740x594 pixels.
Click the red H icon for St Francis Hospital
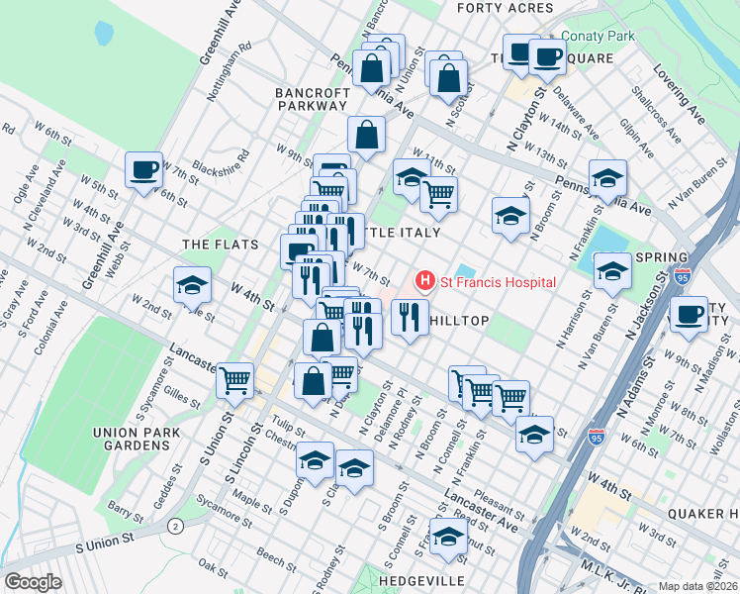pos(425,282)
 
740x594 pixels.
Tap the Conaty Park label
pos(597,36)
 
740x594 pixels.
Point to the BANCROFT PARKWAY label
pos(312,98)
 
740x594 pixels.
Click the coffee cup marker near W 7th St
pos(144,170)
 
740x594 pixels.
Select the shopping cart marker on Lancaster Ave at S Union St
pos(234,379)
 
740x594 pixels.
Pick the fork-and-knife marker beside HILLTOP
pos(409,318)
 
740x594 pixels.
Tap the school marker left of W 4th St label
pos(192,286)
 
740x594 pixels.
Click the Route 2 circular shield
pos(176,525)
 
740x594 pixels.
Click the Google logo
pos(33,582)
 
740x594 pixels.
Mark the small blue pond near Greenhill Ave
pos(103,33)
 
